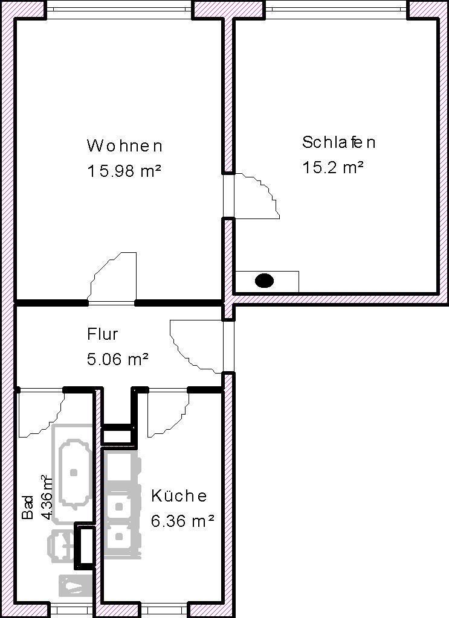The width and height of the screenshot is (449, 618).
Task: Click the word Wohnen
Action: [x=124, y=146]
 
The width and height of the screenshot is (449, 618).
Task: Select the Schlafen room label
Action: [x=338, y=142]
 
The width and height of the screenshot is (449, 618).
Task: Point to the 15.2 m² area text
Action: [x=332, y=167]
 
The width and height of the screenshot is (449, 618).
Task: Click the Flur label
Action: [x=103, y=334]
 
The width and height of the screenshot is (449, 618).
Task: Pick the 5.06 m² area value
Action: [x=118, y=359]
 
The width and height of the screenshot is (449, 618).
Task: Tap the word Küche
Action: [x=179, y=495]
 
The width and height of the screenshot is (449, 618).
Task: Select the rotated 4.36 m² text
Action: [x=47, y=498]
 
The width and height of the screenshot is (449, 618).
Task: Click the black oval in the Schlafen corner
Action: [x=264, y=281]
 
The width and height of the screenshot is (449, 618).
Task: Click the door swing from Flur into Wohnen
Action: [x=112, y=276]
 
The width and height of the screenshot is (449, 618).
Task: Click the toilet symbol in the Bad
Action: [x=62, y=544]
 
